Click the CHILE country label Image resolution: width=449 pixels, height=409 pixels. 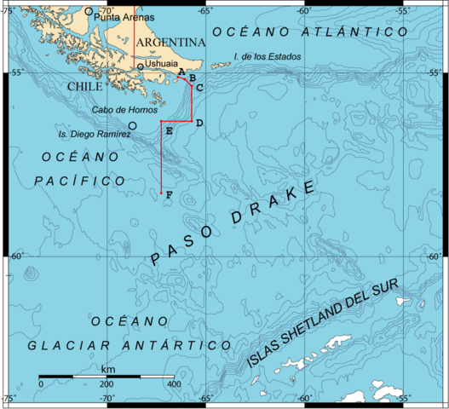[84, 86]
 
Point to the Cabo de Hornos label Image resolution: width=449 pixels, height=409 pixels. [124, 109]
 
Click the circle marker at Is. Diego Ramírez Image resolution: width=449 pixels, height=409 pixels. [133, 125]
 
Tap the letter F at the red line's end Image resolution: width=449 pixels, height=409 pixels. [170, 196]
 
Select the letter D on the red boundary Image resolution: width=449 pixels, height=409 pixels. [199, 124]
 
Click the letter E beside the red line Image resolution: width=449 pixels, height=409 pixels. [169, 131]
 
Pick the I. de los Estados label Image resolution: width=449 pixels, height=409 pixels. [266, 57]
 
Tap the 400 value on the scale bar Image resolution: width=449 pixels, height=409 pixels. [173, 384]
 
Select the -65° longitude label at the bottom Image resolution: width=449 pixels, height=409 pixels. [205, 398]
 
